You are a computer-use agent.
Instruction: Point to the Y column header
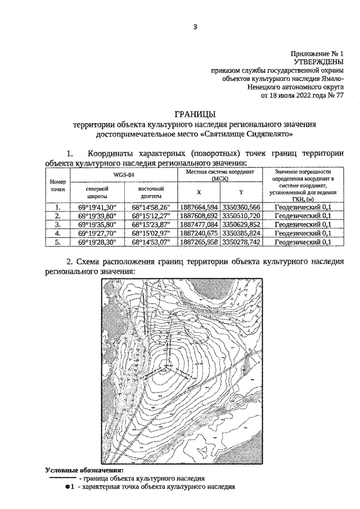coord(241,192)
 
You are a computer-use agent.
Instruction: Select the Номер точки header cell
coord(57,186)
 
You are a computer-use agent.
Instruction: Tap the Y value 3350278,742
coord(241,242)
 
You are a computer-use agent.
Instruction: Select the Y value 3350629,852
coord(241,224)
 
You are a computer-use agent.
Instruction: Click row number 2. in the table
coord(57,216)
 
